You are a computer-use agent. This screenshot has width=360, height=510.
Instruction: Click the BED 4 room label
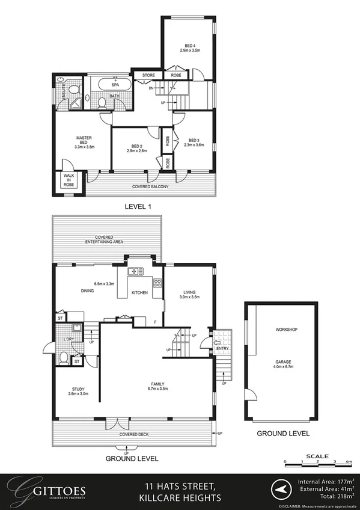coord(189,46)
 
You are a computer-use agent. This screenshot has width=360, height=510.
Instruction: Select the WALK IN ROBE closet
coord(68,180)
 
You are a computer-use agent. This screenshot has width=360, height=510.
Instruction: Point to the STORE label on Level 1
coord(148,75)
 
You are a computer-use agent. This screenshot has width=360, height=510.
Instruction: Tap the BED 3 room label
coord(192,140)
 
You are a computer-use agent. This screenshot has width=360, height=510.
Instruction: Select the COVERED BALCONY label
coord(150,187)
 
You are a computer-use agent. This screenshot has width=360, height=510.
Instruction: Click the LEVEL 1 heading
coord(137,206)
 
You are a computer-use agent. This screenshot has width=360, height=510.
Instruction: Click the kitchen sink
coord(136,271)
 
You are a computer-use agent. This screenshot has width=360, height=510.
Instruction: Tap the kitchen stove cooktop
coord(157,283)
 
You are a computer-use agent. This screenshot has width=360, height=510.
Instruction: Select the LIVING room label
coord(190,293)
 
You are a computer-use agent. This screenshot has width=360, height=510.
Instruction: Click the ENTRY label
coord(222,348)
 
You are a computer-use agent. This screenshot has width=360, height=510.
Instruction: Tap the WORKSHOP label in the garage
coord(286,330)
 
